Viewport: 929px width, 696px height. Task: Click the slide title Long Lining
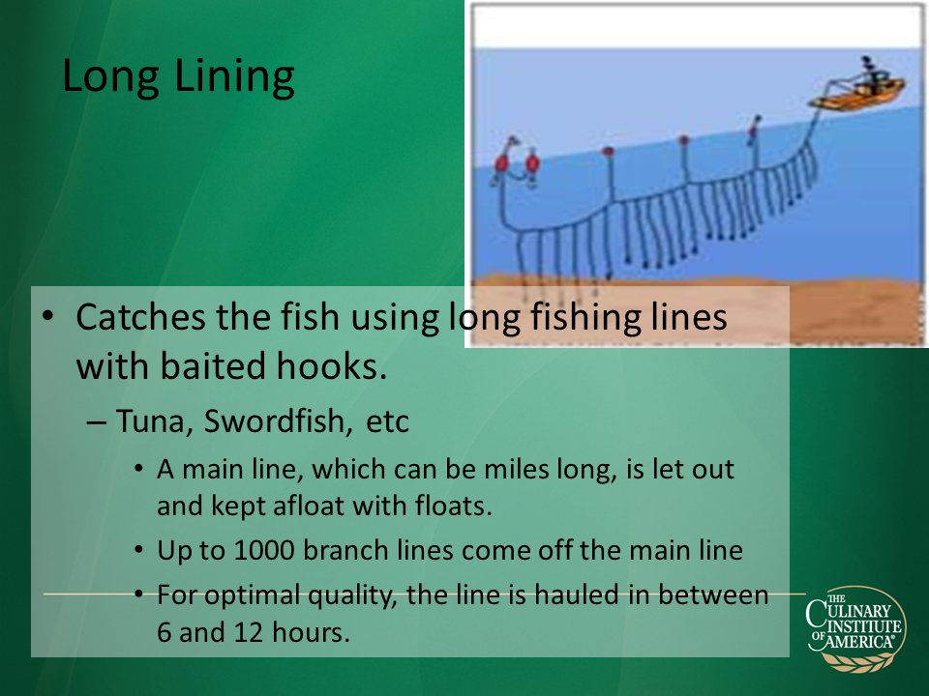coord(178,77)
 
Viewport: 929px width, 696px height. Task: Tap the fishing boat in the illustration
coord(858,87)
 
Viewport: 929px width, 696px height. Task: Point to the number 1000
coord(264,550)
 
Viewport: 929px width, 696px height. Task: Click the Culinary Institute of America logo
coord(854,628)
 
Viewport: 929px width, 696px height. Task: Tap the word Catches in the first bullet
coord(141,317)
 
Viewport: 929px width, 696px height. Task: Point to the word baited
coord(213,366)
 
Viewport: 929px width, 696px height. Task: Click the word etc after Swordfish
coord(387,422)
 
